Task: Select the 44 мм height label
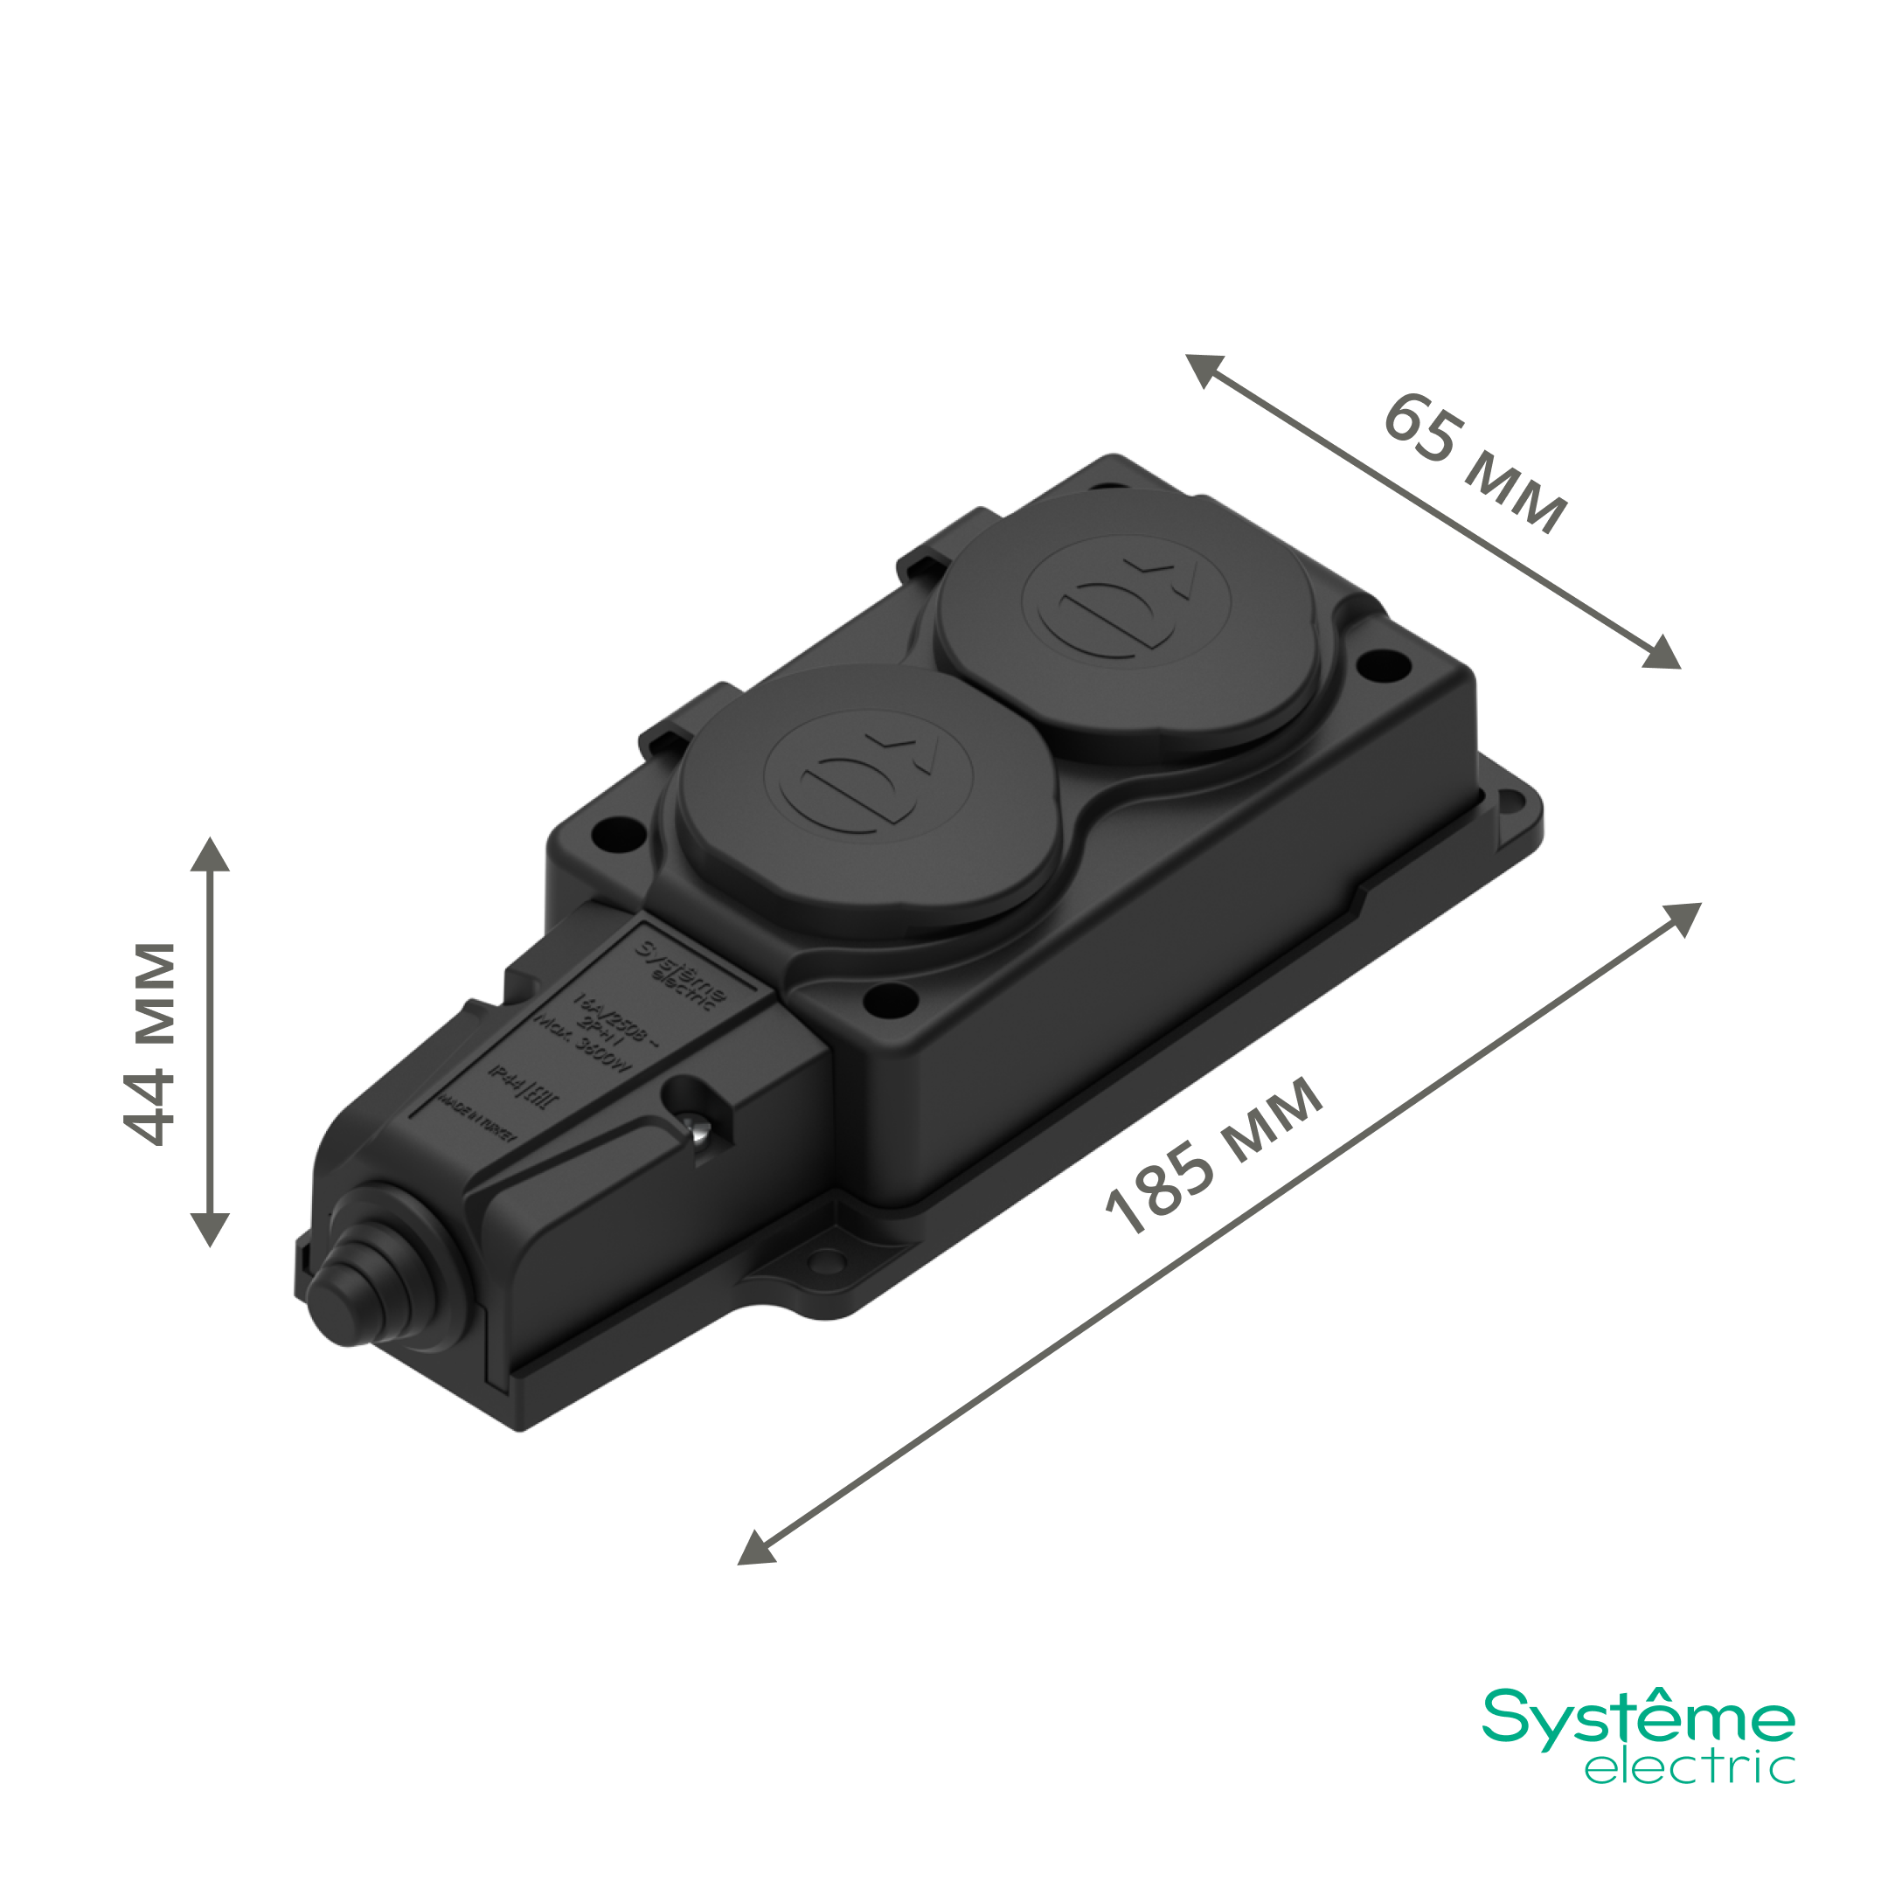tap(150, 1043)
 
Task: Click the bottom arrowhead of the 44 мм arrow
tap(210, 1228)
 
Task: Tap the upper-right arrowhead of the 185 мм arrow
tap(1682, 918)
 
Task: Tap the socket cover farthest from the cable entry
tap(1126, 623)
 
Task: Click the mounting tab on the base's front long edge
tap(827, 1264)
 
